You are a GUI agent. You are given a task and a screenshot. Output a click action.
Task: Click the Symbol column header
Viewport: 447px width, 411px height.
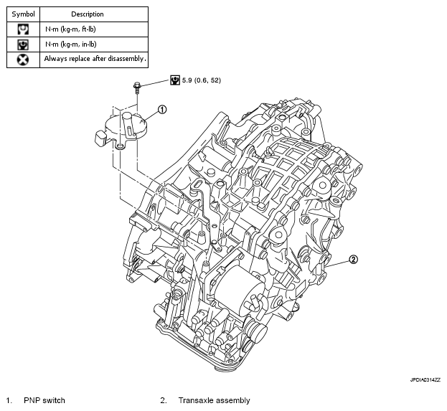tap(23, 14)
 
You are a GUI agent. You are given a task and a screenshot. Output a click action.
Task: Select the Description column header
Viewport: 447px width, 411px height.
tap(88, 14)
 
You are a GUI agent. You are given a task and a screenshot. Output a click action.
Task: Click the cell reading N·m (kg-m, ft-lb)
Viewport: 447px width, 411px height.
tap(70, 29)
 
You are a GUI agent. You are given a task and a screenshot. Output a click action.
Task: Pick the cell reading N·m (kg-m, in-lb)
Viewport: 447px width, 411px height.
tap(71, 44)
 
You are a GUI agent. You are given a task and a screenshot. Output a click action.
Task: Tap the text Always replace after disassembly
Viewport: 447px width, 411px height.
tap(95, 59)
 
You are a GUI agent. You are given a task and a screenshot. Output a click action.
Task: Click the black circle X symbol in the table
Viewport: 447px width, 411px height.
tap(23, 60)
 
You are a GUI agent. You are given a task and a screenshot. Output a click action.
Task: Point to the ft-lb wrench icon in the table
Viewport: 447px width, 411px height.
tap(23, 29)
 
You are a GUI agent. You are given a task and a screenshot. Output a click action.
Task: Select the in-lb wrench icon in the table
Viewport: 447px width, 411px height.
tap(23, 44)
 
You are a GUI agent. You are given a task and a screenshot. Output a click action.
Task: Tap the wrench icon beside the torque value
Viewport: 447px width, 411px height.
tap(175, 80)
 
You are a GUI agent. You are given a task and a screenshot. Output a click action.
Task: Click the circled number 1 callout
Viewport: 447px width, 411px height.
tap(162, 110)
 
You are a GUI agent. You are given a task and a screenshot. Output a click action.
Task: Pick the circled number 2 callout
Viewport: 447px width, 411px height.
tap(353, 260)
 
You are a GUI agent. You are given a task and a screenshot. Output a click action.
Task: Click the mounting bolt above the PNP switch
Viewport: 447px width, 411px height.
tap(137, 88)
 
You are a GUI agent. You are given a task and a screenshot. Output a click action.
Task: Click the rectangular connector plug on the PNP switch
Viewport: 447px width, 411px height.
tap(100, 138)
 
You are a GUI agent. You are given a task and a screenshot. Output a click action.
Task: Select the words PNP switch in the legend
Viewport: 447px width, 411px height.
tap(44, 400)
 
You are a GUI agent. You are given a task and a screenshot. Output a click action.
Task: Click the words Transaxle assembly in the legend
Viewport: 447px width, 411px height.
tap(214, 400)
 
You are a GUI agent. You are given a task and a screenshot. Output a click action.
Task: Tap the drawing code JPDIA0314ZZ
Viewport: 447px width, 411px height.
tap(425, 380)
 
